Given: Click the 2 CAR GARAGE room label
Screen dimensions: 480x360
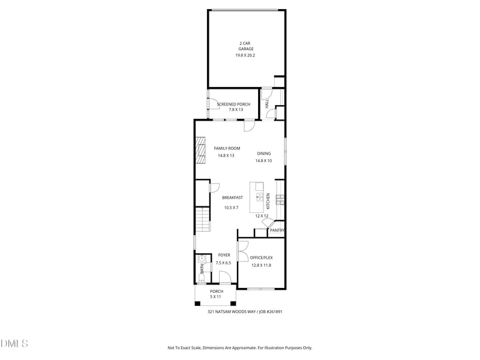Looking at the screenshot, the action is [x=245, y=46].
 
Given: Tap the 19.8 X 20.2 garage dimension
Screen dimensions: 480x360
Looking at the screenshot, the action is [x=245, y=55].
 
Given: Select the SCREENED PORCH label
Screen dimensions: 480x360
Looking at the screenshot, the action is [x=233, y=104].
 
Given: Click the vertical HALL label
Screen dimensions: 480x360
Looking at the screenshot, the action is [x=267, y=103].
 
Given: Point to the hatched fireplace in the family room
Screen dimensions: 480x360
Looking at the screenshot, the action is [x=200, y=151].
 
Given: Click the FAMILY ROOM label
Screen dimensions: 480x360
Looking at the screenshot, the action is [x=227, y=148].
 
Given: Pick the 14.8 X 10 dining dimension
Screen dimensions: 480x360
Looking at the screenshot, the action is [x=263, y=161].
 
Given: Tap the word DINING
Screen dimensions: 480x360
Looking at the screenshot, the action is [x=264, y=154].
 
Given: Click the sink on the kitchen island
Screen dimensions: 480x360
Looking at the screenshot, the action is [x=260, y=197].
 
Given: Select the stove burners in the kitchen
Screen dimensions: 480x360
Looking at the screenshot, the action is [x=280, y=200].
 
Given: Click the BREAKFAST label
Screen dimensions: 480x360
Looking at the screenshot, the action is [x=232, y=198].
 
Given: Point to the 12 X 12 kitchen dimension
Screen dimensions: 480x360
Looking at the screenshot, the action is [x=262, y=216].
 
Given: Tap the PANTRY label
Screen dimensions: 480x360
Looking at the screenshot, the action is [x=277, y=230].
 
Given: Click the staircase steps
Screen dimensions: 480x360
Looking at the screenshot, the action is [x=203, y=219].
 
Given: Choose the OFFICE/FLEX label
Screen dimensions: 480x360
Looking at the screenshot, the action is [x=261, y=258].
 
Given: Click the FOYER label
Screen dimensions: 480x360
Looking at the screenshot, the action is [x=224, y=255].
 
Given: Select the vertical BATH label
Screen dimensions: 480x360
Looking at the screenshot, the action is [x=202, y=269].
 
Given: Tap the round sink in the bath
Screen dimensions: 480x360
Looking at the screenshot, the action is [x=202, y=259].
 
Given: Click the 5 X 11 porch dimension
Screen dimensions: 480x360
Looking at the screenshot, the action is [x=215, y=297].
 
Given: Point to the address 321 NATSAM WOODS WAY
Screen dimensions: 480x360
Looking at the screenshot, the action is [x=232, y=312].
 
